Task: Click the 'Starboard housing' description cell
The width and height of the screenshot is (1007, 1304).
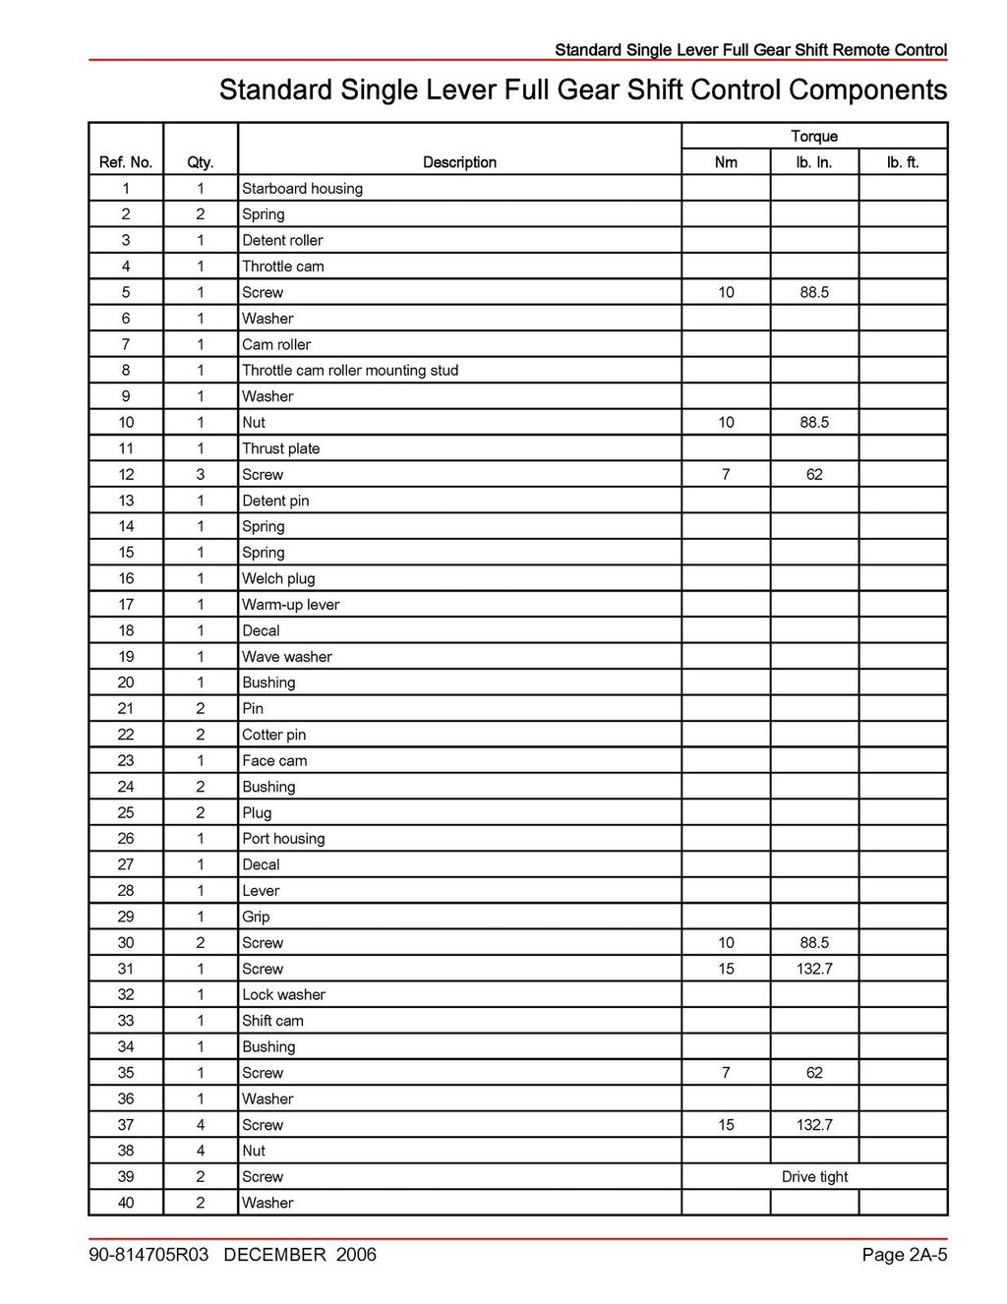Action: [x=302, y=189]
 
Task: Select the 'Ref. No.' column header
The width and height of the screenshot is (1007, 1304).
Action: [x=126, y=162]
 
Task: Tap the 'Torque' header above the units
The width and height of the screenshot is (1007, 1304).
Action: [x=814, y=137]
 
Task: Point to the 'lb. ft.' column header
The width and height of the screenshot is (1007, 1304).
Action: [x=903, y=162]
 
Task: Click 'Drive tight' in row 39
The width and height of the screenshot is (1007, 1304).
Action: [x=814, y=1177]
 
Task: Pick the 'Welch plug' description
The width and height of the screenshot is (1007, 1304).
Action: [x=278, y=579]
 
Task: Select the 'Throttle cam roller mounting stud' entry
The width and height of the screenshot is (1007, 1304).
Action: [x=350, y=371]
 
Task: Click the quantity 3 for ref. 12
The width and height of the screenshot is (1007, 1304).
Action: [x=201, y=475]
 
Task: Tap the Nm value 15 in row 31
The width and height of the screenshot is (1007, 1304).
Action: [x=726, y=969]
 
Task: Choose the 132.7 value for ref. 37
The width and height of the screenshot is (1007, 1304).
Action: [x=814, y=1125]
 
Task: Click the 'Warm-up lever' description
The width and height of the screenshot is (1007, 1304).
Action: [x=290, y=605]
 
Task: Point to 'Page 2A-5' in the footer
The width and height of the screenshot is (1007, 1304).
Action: [x=904, y=1255]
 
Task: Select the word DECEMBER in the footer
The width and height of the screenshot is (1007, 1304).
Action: [x=274, y=1255]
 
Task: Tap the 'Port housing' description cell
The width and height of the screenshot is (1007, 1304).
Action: [x=283, y=839]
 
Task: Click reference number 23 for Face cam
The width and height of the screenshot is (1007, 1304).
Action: [x=126, y=761]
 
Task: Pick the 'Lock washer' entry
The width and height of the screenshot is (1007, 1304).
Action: [x=283, y=995]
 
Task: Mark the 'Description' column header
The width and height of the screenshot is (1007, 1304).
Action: [x=459, y=162]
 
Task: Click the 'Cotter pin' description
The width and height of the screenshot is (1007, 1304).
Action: [x=273, y=735]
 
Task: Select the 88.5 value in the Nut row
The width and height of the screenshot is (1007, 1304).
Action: [x=814, y=423]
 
